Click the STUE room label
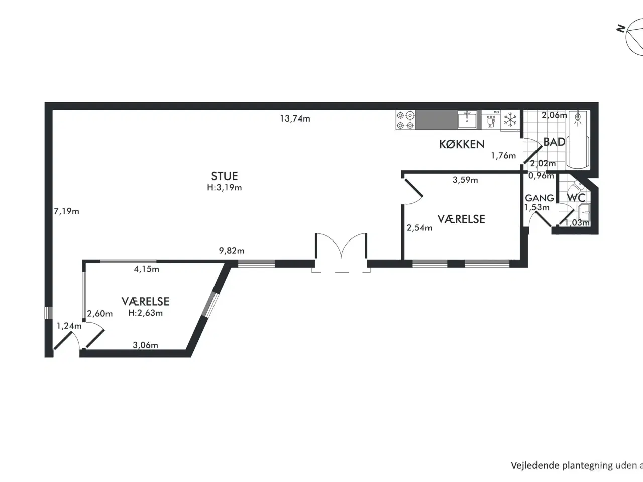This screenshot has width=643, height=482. (x=225, y=176)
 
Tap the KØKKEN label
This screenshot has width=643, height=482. (x=462, y=144)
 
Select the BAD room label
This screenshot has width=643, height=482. (x=554, y=142)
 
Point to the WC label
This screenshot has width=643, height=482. (x=576, y=198)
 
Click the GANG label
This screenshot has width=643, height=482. (x=540, y=198)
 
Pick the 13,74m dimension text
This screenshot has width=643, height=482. (x=295, y=118)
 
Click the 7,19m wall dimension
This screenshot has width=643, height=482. (x=66, y=211)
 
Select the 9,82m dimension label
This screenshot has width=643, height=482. (x=232, y=250)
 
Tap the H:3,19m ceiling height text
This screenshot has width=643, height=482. (x=225, y=187)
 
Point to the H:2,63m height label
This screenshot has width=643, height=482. (x=145, y=313)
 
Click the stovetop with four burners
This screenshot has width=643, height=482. (x=406, y=120)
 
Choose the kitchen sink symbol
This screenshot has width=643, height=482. (x=467, y=119)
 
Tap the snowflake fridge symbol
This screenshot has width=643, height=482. (x=510, y=120)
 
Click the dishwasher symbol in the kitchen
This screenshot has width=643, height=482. (x=491, y=120)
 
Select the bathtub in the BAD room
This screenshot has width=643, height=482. (x=578, y=140)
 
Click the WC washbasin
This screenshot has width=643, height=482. (x=584, y=212)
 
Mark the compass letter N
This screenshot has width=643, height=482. (x=620, y=29)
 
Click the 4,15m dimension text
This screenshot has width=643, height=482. (x=146, y=269)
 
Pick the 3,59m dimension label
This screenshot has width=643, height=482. (x=465, y=180)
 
